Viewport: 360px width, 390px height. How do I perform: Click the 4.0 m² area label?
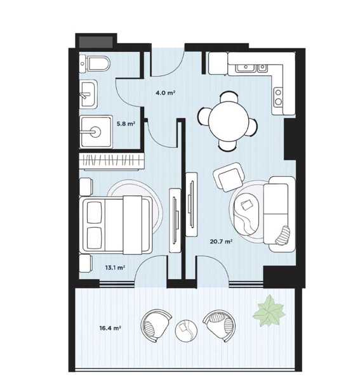pyautogui.click(x=165, y=93)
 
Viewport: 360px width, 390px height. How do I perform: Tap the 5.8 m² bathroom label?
pyautogui.click(x=126, y=124)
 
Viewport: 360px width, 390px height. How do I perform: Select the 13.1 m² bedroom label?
pyautogui.click(x=115, y=268)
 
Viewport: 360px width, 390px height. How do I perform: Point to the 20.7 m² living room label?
pyautogui.click(x=222, y=241)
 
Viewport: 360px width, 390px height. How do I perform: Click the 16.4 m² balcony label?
pyautogui.click(x=110, y=328)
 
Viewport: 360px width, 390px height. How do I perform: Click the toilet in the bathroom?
pyautogui.click(x=95, y=64)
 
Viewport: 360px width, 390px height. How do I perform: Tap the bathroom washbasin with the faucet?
pyautogui.click(x=88, y=94)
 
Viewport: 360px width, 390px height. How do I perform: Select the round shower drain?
pyautogui.click(x=95, y=131)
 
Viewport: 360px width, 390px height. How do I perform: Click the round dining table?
pyautogui.click(x=229, y=121)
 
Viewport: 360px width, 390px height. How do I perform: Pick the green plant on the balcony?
pyautogui.click(x=269, y=311)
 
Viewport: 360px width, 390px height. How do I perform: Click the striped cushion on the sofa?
pyautogui.click(x=283, y=235)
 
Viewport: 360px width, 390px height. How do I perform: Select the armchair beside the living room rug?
pyautogui.click(x=229, y=177)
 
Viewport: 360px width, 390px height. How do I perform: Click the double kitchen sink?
pyautogui.click(x=252, y=67)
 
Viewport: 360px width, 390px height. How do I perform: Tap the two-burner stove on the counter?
pyautogui.click(x=278, y=97)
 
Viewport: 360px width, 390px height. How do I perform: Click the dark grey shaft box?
pyautogui.click(x=96, y=42)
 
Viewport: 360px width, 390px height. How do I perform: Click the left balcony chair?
pyautogui.click(x=156, y=325)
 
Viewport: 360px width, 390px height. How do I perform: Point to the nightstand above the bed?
pyautogui.click(x=86, y=186)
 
